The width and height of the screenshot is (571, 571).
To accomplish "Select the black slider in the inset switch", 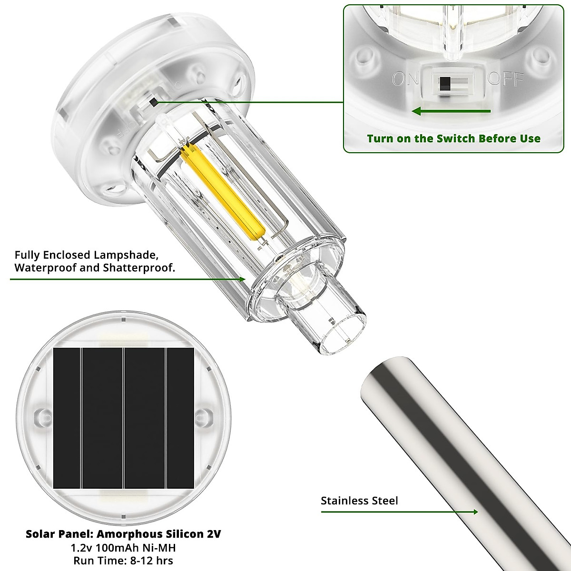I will (x=445, y=84).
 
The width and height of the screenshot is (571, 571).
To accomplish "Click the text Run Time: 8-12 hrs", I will (x=123, y=560).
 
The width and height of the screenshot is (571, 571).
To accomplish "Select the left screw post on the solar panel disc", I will (x=42, y=413).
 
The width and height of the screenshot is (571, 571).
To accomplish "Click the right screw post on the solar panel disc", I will (x=204, y=413).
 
